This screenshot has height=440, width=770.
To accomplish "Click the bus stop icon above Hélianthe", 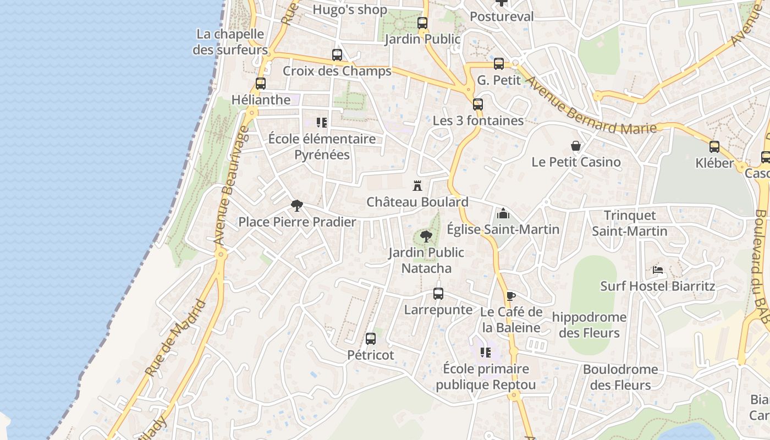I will (x=261, y=84).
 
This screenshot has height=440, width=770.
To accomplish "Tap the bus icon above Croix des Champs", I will (x=337, y=55).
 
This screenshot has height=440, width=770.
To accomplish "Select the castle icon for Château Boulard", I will (x=417, y=186).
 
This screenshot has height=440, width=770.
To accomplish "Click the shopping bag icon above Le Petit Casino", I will (x=576, y=146).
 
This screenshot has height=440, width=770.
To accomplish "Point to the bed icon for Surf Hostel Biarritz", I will (x=658, y=269).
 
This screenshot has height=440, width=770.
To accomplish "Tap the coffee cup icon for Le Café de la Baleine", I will (x=511, y=296).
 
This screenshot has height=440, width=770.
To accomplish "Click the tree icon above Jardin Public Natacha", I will (x=426, y=237).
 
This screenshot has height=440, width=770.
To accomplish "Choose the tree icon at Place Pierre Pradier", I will (x=297, y=206).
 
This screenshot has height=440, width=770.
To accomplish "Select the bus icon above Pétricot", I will (x=371, y=339).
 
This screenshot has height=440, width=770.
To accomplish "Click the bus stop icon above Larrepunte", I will (x=438, y=294).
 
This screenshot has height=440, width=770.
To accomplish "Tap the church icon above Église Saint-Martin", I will (x=503, y=213).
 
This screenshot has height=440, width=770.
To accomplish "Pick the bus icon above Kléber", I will (x=714, y=147).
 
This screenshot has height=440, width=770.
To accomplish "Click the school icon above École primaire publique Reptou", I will (x=485, y=352).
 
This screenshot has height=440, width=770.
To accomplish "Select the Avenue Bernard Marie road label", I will (x=591, y=105).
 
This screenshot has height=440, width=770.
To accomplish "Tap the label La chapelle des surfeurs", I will (x=230, y=42).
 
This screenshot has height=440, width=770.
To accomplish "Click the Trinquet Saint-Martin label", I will (x=630, y=223).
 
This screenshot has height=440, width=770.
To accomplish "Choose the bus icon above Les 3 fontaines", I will (x=478, y=104).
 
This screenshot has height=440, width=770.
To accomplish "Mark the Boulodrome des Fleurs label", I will (x=620, y=377).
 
